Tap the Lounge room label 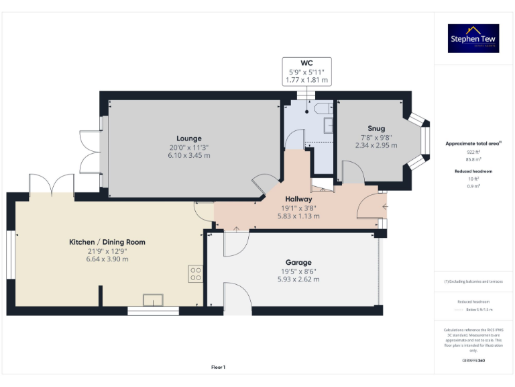tap(189, 138)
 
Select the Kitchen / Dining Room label tap(107, 242)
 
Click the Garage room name tap(298, 263)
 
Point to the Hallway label tap(298, 200)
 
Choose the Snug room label tap(376, 128)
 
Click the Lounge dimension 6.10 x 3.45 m tap(189, 155)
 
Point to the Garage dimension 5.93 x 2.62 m tap(298, 279)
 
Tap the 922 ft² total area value tap(473, 152)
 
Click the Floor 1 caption tap(218, 367)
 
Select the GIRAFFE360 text tap(473, 361)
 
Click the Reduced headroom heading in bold tap(473, 171)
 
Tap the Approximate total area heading tap(473, 144)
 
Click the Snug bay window tap(422, 141)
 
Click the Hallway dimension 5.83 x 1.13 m tap(298, 216)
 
